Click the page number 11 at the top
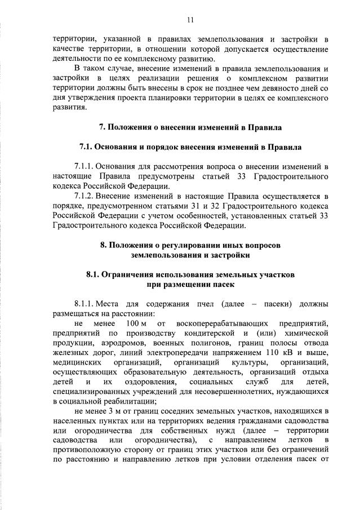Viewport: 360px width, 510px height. [x=190, y=20]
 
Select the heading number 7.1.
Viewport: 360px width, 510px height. [x=90, y=147]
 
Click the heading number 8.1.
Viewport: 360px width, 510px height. [x=95, y=274]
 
